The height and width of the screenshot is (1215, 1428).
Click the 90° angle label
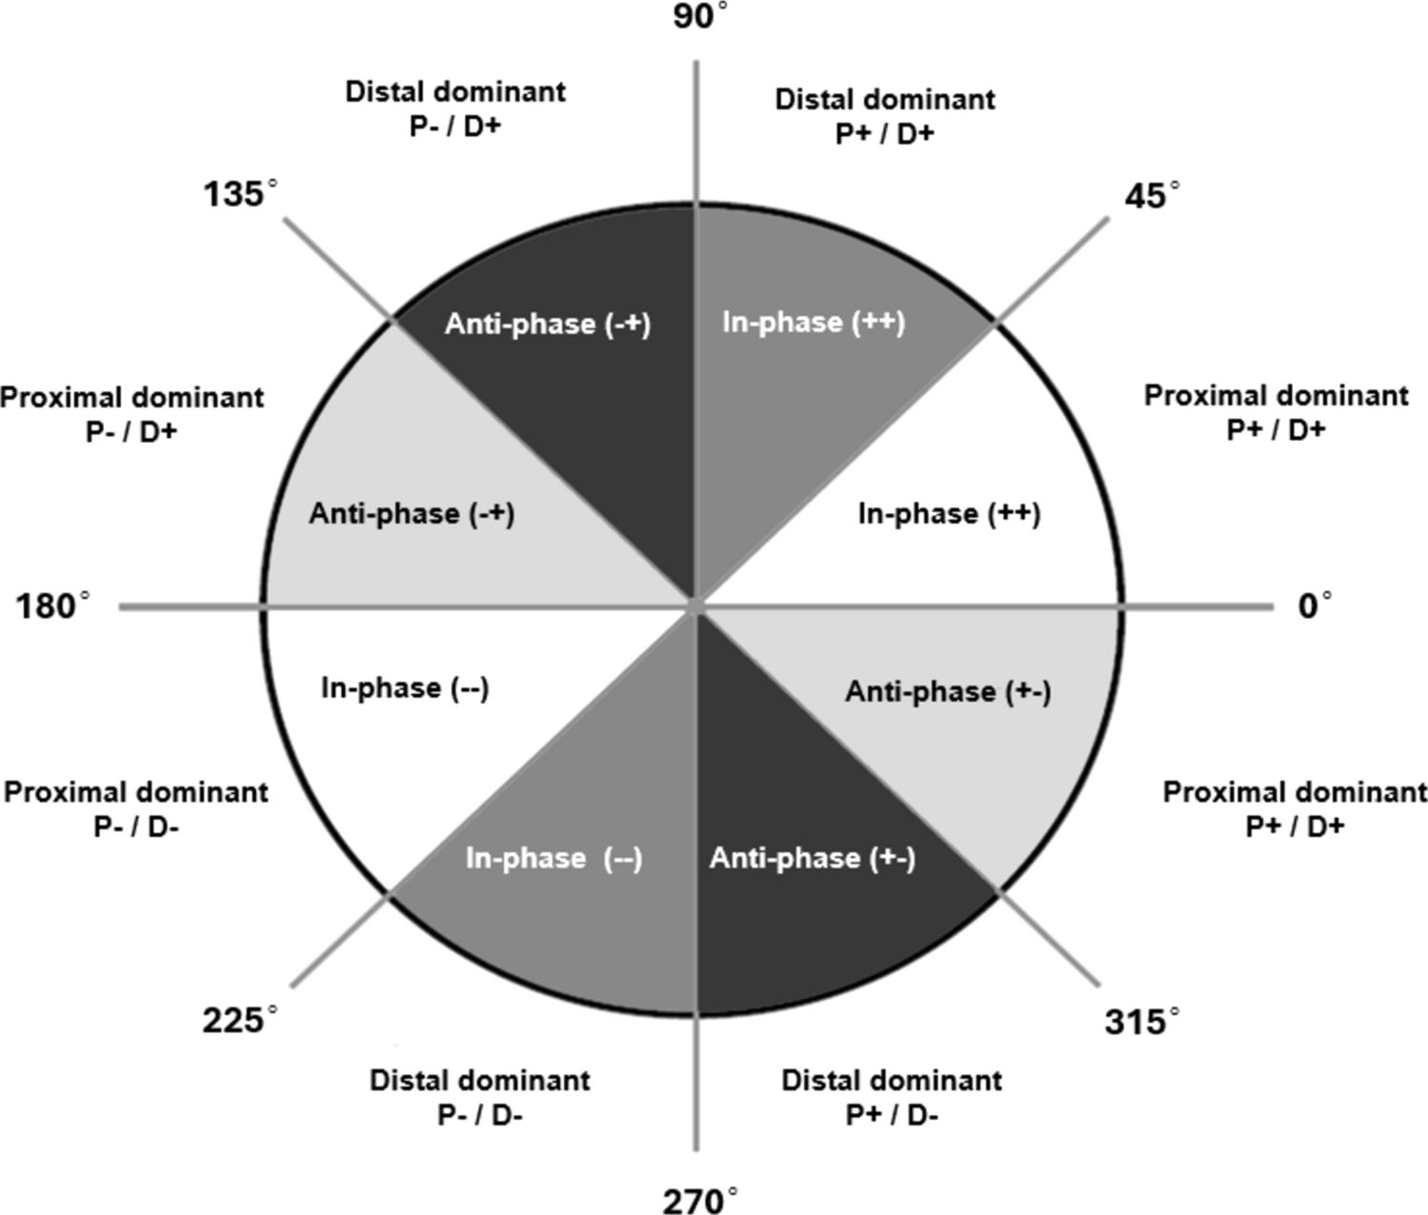(x=700, y=17)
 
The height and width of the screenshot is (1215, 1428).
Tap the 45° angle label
(x=1151, y=196)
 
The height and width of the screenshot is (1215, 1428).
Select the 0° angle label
(x=1315, y=606)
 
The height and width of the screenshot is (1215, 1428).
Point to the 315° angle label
(x=1141, y=1023)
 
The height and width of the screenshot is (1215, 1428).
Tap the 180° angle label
(x=53, y=606)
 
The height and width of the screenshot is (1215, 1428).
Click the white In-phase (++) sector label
(x=949, y=514)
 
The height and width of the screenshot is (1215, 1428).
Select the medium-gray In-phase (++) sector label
(x=813, y=322)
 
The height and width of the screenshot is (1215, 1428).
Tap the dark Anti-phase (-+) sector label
(x=548, y=324)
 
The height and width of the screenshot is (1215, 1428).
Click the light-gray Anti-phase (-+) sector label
(x=412, y=514)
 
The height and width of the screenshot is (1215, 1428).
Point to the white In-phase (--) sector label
(x=405, y=687)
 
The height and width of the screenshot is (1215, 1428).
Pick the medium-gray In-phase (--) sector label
(x=553, y=859)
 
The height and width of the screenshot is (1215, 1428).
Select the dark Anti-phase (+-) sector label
(x=812, y=859)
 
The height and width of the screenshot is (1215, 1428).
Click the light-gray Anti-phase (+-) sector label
(x=948, y=691)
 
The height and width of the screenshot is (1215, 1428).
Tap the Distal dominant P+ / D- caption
(x=892, y=1097)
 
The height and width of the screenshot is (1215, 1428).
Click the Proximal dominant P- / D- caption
(x=136, y=808)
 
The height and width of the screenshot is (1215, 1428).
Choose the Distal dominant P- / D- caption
(x=480, y=1097)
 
